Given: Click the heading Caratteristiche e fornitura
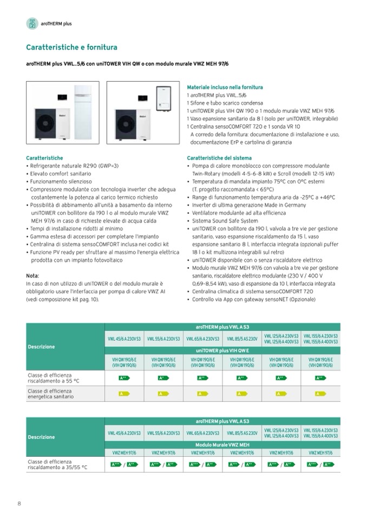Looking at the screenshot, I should (x=71, y=48).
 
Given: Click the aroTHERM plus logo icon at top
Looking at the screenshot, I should (x=32, y=23).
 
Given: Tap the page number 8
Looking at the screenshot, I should (x=19, y=504).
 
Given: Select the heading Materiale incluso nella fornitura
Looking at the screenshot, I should (x=225, y=87).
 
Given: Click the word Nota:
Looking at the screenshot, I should (x=32, y=275).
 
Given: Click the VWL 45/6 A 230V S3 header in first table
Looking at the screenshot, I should (x=124, y=339).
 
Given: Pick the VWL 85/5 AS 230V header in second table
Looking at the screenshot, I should (x=242, y=433).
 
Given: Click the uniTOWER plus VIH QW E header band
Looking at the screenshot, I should (x=222, y=350).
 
